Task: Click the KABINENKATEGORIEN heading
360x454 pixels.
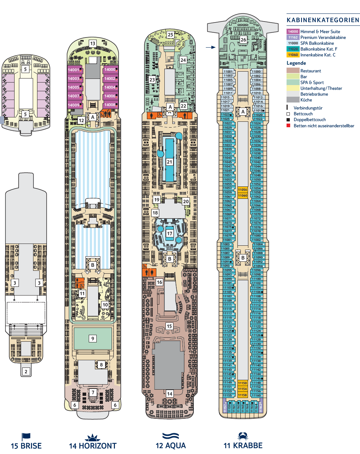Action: [x=323, y=20]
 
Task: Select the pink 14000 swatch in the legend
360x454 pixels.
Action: [x=293, y=32]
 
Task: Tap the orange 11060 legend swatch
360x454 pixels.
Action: [x=293, y=55]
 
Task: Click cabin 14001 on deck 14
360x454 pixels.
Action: [x=74, y=70]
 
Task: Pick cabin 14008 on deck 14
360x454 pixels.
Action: [x=110, y=105]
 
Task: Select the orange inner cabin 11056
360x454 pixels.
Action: [x=243, y=190]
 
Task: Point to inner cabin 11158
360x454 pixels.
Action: [x=243, y=395]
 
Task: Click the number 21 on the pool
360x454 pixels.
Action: [x=169, y=162]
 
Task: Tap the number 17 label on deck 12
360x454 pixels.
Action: [x=169, y=233]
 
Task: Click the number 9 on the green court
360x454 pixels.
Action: [x=93, y=338]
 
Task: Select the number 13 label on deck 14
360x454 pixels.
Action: [x=93, y=44]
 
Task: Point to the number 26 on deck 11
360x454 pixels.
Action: [x=243, y=39]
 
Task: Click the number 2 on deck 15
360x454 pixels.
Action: [x=26, y=371]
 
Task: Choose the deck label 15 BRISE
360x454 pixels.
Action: [x=26, y=446]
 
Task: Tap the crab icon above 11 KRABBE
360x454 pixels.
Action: [x=243, y=435]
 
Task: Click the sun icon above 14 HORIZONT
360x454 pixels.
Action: [x=92, y=437]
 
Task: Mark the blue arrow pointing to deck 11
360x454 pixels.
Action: [x=211, y=47]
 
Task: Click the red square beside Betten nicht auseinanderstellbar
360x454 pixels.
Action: [x=288, y=125]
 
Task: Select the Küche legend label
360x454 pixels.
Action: [x=306, y=100]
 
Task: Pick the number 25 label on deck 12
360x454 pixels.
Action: [x=171, y=35]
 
